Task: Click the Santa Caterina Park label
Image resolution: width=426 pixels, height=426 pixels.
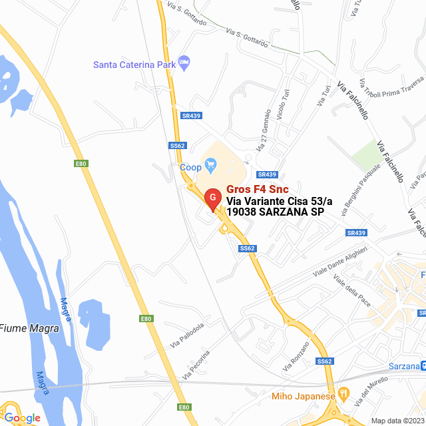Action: (134, 65)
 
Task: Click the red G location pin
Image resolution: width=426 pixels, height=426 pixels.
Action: (212, 198)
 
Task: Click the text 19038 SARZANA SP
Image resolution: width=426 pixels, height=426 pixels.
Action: (275, 212)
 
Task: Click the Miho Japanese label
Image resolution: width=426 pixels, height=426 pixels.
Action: (303, 397)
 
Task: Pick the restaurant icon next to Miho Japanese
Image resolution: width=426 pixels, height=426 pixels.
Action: (343, 394)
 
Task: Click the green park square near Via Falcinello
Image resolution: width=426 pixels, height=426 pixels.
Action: (365, 154)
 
